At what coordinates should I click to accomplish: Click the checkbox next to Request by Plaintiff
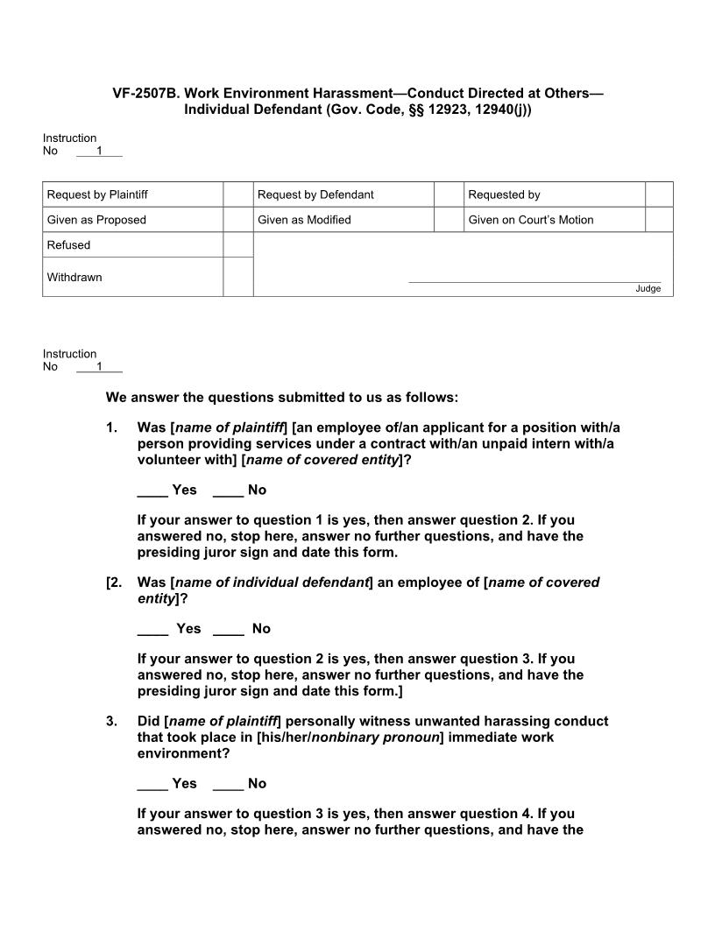click(237, 194)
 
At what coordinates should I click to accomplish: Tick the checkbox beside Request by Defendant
click(449, 194)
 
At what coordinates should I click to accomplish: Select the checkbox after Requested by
click(659, 194)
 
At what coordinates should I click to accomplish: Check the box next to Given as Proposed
click(237, 220)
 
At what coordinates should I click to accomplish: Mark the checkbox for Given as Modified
click(449, 220)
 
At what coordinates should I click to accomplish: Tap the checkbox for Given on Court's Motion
click(659, 220)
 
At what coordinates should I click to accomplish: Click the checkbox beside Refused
click(237, 245)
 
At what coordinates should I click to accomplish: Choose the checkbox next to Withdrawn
click(237, 277)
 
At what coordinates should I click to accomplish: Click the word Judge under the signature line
click(648, 289)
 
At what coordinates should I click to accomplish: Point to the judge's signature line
click(534, 281)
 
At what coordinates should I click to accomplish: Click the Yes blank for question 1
click(152, 491)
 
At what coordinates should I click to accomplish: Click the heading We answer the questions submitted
click(281, 398)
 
